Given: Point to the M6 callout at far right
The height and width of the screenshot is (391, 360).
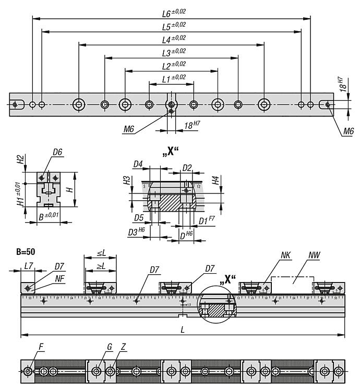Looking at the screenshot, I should [x=349, y=132].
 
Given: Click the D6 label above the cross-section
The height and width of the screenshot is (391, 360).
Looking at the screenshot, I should [x=57, y=152].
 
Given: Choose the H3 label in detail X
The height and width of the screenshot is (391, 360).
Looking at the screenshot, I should [x=126, y=180].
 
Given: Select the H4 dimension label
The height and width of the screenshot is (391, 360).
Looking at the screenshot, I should [x=216, y=180].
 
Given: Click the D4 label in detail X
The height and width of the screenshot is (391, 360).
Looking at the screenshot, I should [x=138, y=165].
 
